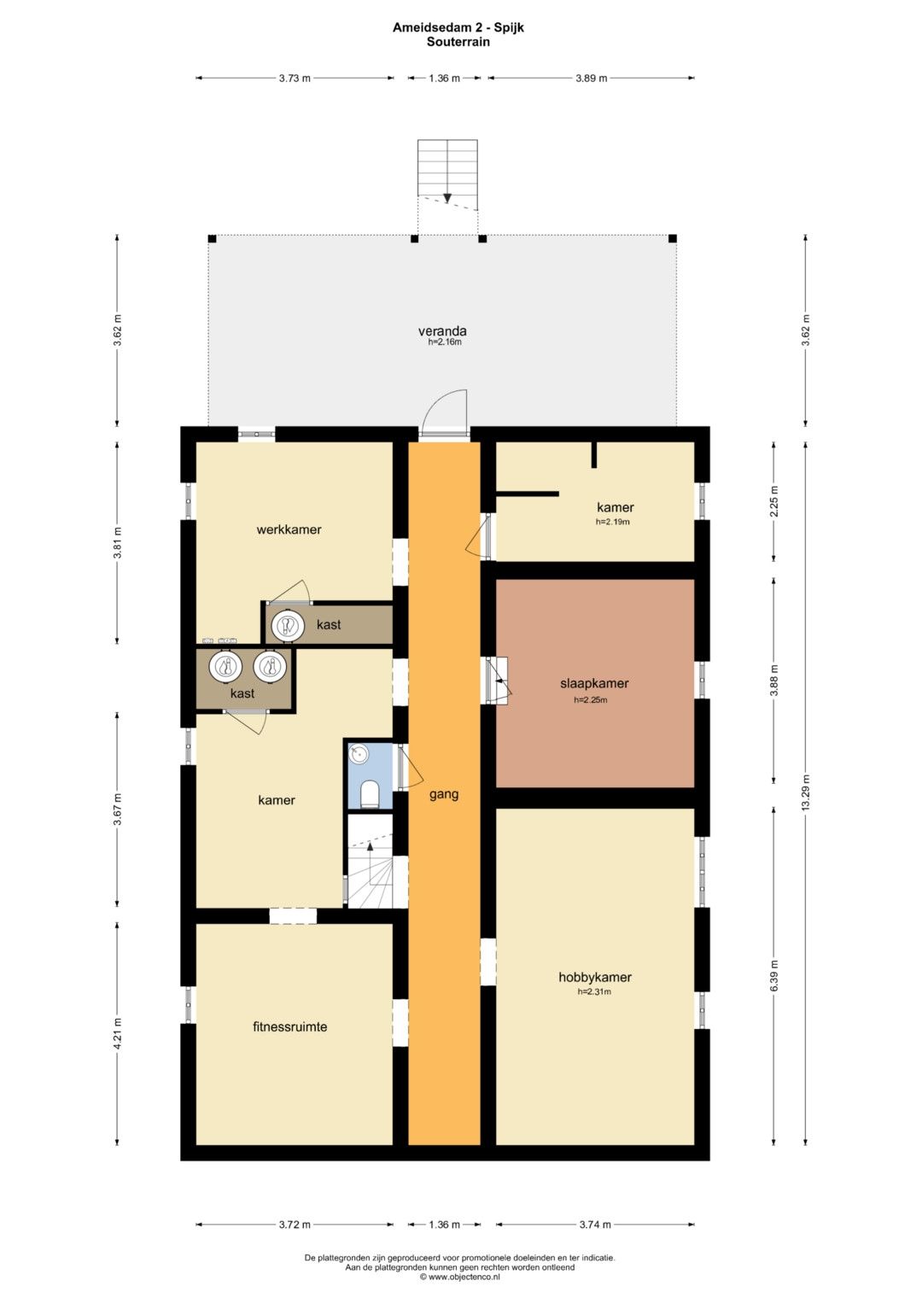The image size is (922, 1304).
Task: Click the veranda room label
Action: [x=442, y=331]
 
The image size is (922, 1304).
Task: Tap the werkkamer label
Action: [x=289, y=529]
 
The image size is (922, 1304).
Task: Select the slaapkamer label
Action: [x=594, y=683]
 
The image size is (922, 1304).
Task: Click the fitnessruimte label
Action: [x=290, y=1026]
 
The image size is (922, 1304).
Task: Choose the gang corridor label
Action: [x=444, y=794]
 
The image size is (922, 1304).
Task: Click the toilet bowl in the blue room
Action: [x=370, y=795]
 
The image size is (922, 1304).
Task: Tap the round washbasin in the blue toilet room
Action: [x=359, y=755]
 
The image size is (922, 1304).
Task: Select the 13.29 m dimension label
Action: [x=806, y=792]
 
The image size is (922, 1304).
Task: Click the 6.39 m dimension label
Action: [x=773, y=977]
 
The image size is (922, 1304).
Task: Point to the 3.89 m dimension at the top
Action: [x=592, y=78]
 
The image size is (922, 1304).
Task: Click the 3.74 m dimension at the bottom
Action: [x=595, y=1225]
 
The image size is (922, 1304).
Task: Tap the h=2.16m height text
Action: [x=445, y=342]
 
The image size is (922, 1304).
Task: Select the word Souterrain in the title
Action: [x=458, y=42]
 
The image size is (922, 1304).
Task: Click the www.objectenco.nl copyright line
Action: [x=460, y=1278]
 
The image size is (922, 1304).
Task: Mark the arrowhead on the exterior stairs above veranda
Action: [x=447, y=198]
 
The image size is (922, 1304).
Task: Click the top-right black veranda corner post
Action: [x=673, y=238]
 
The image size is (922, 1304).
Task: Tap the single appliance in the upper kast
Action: [x=288, y=625]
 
